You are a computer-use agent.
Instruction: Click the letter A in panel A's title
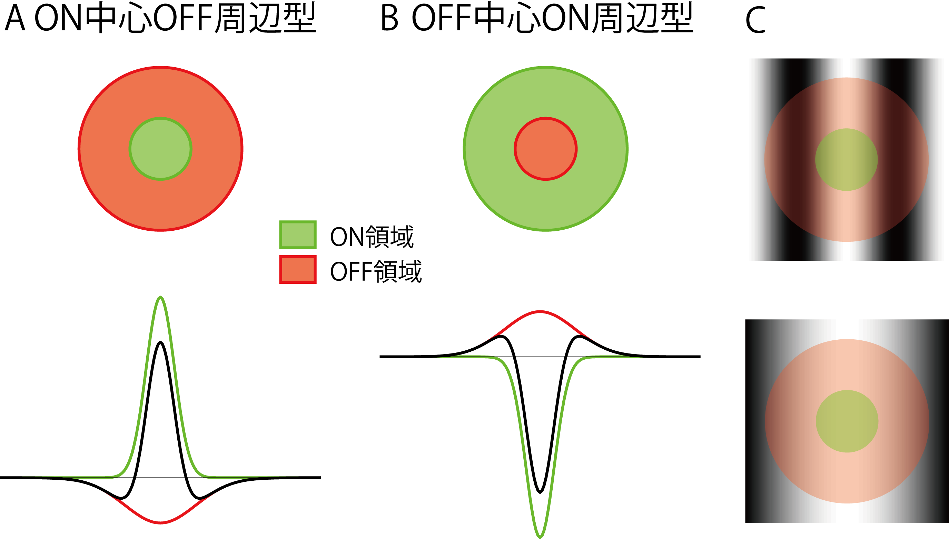tap(15, 19)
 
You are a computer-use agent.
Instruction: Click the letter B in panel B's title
tap(389, 19)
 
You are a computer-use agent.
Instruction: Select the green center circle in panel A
tap(160, 149)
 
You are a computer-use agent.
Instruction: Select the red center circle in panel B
tap(545, 149)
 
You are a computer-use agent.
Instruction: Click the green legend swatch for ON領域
tap(298, 234)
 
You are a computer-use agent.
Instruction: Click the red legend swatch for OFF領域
tap(298, 270)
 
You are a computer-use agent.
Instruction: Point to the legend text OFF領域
tap(375, 271)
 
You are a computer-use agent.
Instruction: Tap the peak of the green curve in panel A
tap(160, 297)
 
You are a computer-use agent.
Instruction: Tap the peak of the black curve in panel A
tap(160, 342)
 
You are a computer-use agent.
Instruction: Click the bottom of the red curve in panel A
tap(160, 523)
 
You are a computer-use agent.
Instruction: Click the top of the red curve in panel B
tap(540, 311)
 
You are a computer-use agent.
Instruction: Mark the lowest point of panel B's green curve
tap(540, 537)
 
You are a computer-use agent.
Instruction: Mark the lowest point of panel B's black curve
tap(540, 492)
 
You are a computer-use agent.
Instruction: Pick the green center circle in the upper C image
tap(847, 160)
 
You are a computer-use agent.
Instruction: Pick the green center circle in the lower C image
tap(847, 421)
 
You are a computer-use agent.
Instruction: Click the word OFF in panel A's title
tap(183, 19)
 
